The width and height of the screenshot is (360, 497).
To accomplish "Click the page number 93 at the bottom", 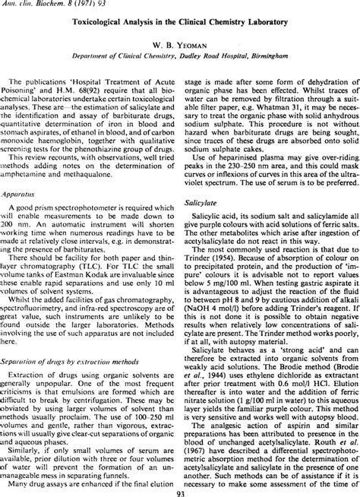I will pyautogui.click(x=179, y=491).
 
